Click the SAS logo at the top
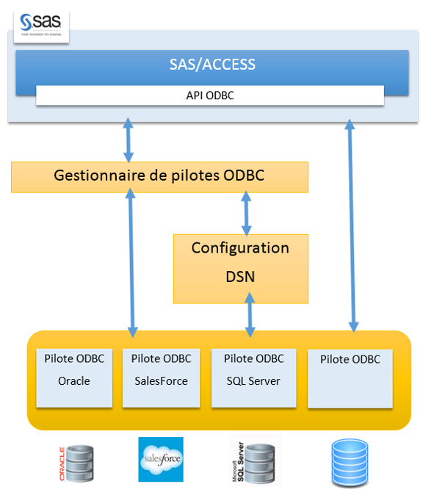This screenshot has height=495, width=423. point(41,26)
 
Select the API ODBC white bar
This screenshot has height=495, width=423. point(209,95)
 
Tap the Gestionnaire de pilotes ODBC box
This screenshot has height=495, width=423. point(159,177)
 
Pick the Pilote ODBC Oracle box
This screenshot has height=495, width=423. point(74,377)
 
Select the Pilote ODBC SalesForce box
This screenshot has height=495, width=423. point(162,377)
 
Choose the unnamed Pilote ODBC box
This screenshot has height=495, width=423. point(350,377)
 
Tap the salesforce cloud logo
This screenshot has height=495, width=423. point(161,459)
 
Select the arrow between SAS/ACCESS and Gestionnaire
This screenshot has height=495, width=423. point(129,140)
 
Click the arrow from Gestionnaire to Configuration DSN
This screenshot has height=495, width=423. point(246,213)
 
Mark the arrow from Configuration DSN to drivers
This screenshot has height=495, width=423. point(250,315)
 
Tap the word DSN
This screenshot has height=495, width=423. point(240,278)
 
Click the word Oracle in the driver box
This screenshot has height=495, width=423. point(74,381)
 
